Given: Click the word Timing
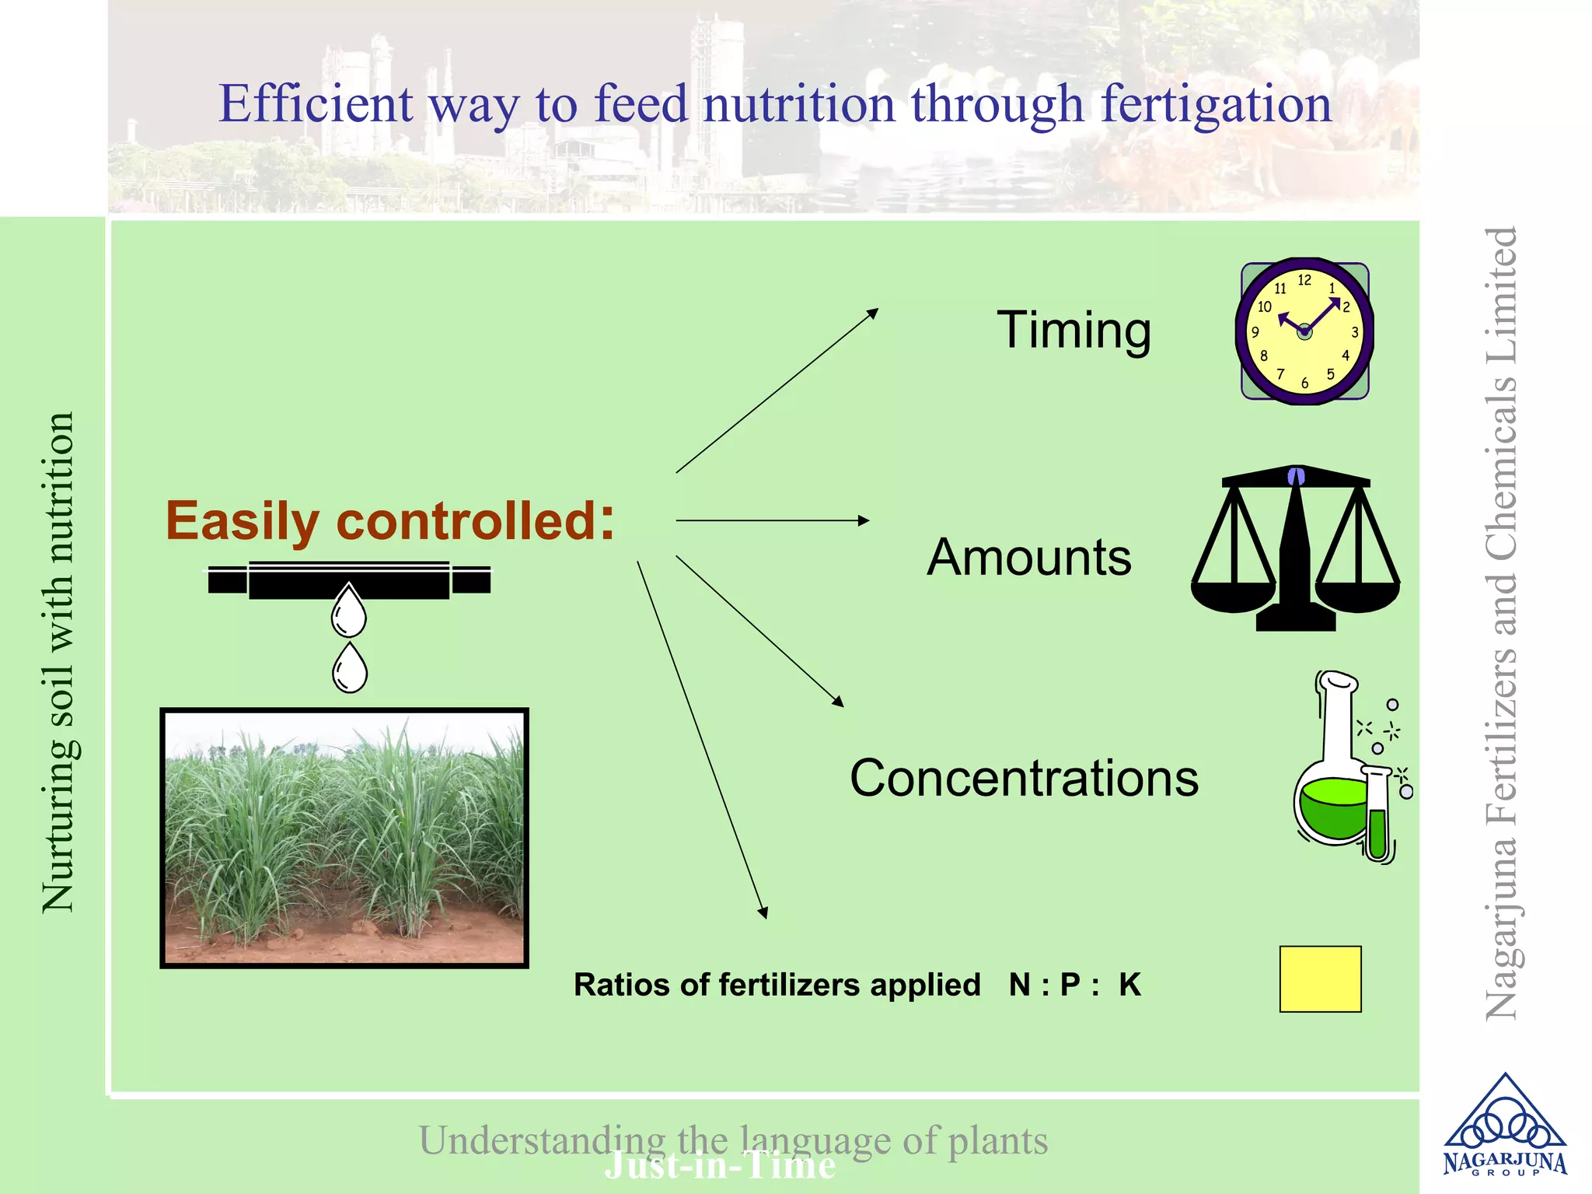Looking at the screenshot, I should coord(1074,331).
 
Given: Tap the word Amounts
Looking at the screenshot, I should coord(1028,558).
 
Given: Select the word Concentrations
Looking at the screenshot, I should coord(1024,778).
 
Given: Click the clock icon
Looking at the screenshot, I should coord(1304,331).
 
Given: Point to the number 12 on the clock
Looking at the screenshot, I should coord(1304,280).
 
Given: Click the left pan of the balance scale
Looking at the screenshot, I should coord(1233,595).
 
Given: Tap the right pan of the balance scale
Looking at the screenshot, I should coord(1358,595).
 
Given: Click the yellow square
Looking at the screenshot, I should coord(1320,979).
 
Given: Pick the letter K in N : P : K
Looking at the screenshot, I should coord(1129,985).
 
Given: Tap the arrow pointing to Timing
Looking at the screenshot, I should coord(777,390).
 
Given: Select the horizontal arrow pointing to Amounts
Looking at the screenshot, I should coord(772,520).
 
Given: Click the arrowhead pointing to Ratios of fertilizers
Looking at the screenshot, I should coord(763,912).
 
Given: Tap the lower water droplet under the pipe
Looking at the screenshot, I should coord(350,670).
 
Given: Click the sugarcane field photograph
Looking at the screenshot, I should coord(344,838).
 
